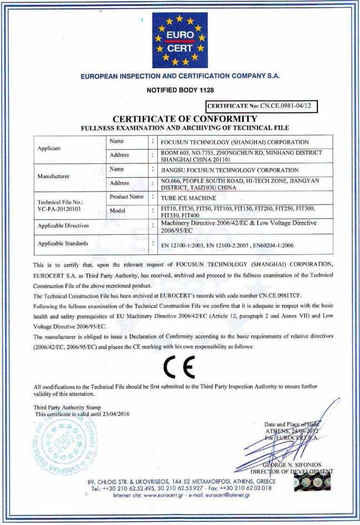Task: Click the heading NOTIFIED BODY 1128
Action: point(179,90)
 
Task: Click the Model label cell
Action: point(120,211)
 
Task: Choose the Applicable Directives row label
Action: point(69,226)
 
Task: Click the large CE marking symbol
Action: point(180,364)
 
